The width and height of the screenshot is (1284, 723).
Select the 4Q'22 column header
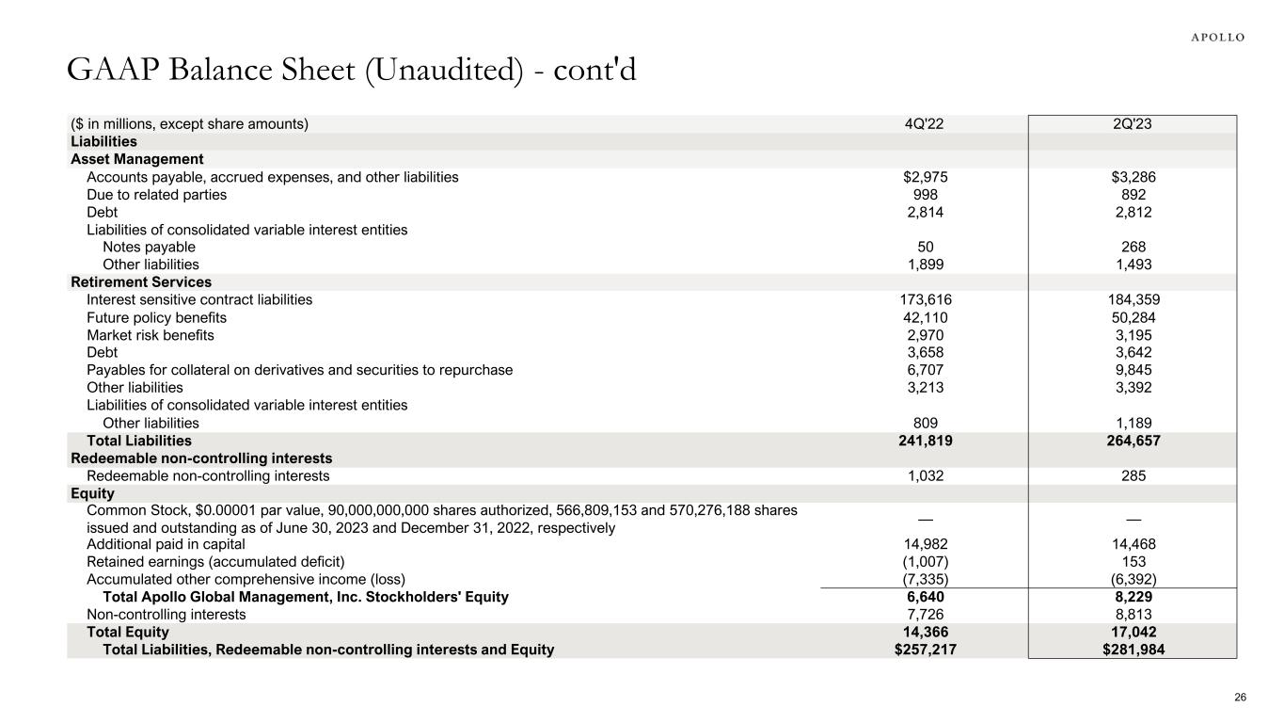[x=919, y=123]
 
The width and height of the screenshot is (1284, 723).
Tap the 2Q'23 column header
[x=1133, y=123]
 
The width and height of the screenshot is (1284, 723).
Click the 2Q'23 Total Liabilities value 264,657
[x=1133, y=441]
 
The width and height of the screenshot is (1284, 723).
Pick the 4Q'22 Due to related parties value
[x=919, y=195]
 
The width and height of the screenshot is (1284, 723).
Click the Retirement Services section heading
[x=141, y=282]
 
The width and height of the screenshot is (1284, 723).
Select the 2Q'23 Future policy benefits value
[x=1133, y=318]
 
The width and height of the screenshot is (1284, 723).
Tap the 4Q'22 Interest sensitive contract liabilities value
[x=919, y=300]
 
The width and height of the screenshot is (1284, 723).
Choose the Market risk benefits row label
[x=151, y=336]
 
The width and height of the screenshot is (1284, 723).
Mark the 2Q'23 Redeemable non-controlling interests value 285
[x=1133, y=476]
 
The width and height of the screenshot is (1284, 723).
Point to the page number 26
[x=1240, y=698]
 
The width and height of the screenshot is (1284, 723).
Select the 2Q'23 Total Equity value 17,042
[x=1133, y=633]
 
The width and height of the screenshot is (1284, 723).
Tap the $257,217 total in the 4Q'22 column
[x=919, y=650]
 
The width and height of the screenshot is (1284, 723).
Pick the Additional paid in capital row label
[x=166, y=544]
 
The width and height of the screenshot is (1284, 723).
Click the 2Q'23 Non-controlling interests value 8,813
[x=1133, y=615]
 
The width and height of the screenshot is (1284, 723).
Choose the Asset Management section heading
[x=137, y=159]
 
